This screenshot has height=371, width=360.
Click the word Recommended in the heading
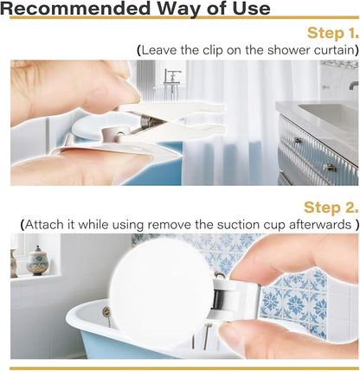point(74,9)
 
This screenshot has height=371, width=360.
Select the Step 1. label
point(332,33)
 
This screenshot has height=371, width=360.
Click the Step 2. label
point(331,208)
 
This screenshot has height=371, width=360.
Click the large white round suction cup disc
point(161,292)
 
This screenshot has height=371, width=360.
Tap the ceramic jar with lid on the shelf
point(37,260)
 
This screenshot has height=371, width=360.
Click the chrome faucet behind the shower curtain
point(172,80)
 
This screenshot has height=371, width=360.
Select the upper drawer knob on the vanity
point(298,140)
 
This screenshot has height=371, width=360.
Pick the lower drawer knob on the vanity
point(329,167)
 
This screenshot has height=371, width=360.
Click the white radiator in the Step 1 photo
point(145,78)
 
